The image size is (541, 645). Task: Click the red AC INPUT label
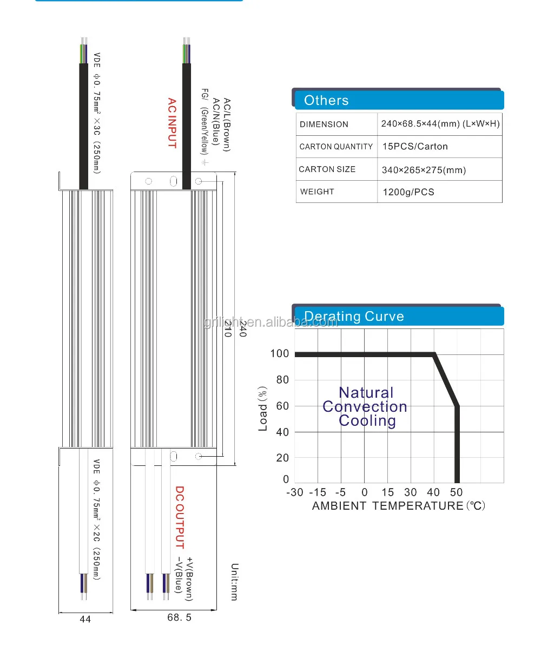(172, 123)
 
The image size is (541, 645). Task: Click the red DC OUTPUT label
(180, 517)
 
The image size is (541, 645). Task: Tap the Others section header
(326, 100)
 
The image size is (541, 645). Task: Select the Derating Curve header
(354, 316)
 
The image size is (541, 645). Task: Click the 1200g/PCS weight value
(408, 192)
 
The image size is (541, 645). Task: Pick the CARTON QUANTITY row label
(336, 147)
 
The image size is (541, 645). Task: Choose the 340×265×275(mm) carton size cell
(424, 170)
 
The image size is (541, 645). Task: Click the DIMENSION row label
(324, 124)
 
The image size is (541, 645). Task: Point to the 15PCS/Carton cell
(415, 147)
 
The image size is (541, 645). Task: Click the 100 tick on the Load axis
(280, 354)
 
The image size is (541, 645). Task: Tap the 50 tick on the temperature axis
(457, 492)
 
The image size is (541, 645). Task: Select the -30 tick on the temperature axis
(295, 492)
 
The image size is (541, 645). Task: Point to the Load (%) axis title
(263, 409)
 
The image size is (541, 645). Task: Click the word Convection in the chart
(365, 407)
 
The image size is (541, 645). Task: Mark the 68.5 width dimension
(179, 617)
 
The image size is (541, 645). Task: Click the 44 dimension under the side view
(85, 619)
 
